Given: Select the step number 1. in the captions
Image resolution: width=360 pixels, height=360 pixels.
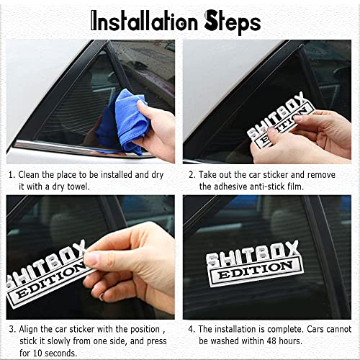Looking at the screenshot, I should [12, 174].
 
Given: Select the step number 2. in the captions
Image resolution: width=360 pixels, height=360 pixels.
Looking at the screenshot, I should [192, 174].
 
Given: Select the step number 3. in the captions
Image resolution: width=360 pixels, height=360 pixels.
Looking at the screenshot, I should [12, 328].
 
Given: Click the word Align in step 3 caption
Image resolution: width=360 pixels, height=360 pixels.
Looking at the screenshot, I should [30, 328].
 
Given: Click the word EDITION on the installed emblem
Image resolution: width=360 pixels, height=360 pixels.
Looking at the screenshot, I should [256, 275].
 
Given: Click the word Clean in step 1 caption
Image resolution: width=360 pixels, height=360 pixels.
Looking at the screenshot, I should [33, 174].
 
